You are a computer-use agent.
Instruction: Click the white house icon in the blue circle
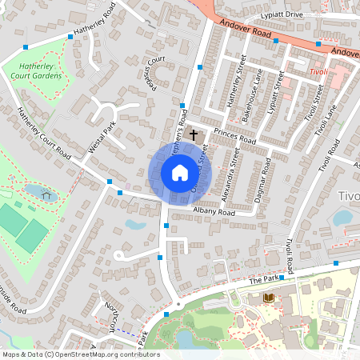tap(180, 173)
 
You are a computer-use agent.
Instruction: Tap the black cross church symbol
tap(194, 137)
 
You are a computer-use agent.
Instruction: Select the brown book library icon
tap(269, 298)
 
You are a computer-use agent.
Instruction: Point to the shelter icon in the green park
tap(46, 193)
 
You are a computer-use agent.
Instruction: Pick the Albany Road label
tap(214, 213)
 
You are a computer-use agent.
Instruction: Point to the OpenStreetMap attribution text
tap(80, 354)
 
